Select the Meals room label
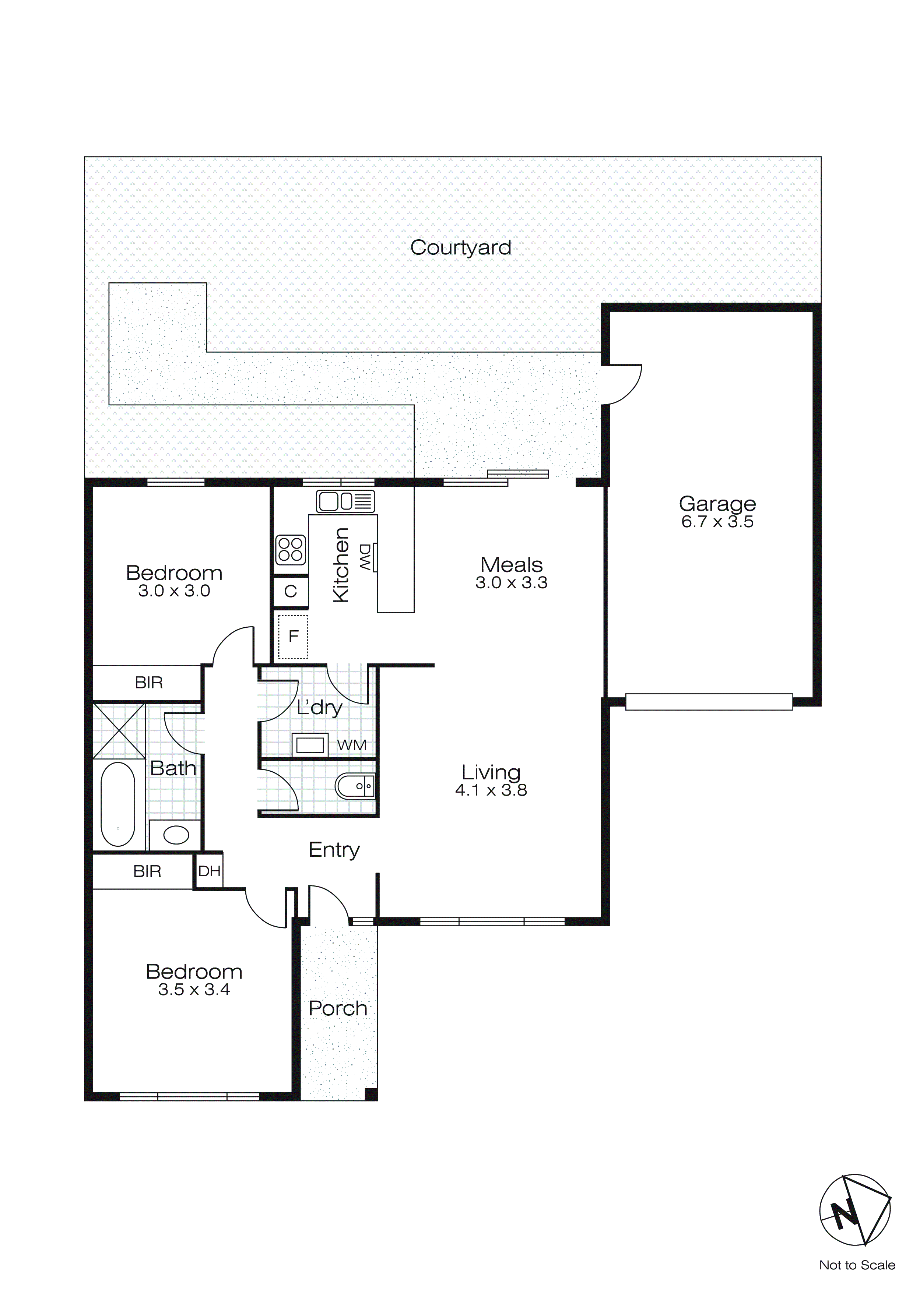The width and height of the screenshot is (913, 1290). click(x=511, y=565)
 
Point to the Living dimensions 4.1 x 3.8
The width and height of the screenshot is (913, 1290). click(x=491, y=790)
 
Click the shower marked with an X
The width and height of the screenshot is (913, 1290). click(x=119, y=731)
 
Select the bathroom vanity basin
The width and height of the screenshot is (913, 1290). click(x=176, y=835)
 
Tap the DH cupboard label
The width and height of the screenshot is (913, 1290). click(x=209, y=871)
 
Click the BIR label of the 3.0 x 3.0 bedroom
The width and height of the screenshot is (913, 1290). click(x=148, y=683)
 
